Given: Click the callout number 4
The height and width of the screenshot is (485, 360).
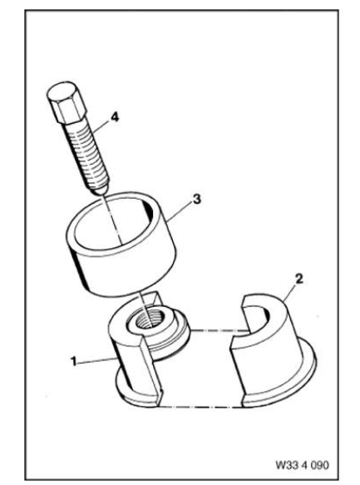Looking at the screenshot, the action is point(115,118).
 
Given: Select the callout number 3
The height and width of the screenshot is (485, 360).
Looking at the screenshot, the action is point(197,199).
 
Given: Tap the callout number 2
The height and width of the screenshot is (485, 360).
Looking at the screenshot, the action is point(298,279).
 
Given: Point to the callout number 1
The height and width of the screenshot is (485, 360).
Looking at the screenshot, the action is point(73,361).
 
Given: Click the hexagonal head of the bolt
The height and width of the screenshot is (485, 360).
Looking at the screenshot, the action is point(66,102).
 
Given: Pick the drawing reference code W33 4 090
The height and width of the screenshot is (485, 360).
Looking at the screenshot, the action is point(302,465).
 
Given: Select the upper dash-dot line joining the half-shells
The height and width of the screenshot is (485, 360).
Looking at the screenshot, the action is point(219,331).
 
